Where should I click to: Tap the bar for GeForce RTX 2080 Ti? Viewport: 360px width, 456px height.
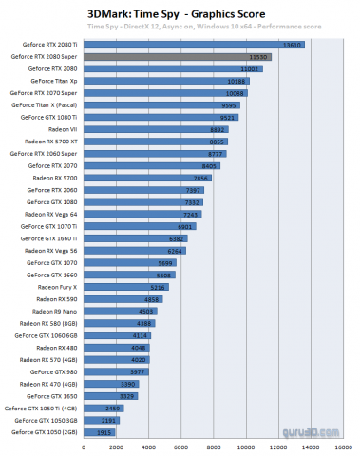(x=195, y=45)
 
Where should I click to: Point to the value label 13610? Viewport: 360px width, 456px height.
(x=294, y=45)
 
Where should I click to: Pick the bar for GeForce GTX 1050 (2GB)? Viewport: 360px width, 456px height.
(x=99, y=431)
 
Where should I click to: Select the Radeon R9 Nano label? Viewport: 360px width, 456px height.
(x=56, y=311)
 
